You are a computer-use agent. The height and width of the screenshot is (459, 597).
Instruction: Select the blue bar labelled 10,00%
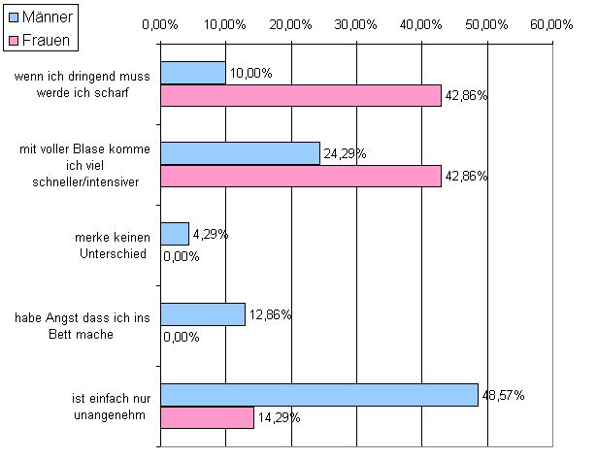coord(193,73)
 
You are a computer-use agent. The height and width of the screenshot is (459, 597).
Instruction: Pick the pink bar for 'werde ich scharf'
coord(301,95)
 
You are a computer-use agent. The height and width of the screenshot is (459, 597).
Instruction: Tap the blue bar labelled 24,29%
coord(240,153)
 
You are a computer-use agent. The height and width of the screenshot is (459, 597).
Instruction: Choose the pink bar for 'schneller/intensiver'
coord(301,176)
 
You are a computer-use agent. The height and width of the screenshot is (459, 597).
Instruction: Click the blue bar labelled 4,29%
coord(175,234)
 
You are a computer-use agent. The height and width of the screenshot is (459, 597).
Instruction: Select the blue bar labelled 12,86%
coord(202,314)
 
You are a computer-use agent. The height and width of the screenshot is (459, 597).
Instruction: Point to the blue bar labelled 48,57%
coord(319,395)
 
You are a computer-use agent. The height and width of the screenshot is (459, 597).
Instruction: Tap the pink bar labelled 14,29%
coord(207,417)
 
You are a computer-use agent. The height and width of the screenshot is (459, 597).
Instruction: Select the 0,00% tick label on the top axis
coord(160,26)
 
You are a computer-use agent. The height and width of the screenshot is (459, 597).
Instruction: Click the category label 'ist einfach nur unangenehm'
coord(109,407)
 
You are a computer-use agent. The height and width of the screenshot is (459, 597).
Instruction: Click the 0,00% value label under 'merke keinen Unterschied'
coord(182,256)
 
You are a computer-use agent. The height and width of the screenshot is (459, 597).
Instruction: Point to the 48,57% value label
coord(505,395)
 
